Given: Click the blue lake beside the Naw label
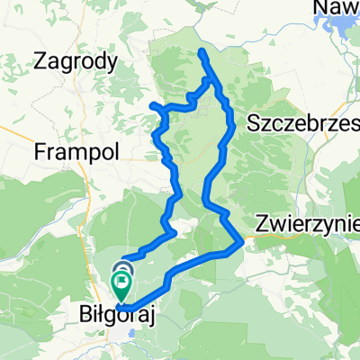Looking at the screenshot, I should pyautogui.click(x=347, y=29).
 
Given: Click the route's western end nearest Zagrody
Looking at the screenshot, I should pyautogui.click(x=151, y=106).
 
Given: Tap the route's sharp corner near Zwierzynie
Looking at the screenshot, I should pyautogui.click(x=243, y=240).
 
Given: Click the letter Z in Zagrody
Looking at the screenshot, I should pyautogui.click(x=39, y=62).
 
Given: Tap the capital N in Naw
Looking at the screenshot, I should pyautogui.click(x=319, y=9).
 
